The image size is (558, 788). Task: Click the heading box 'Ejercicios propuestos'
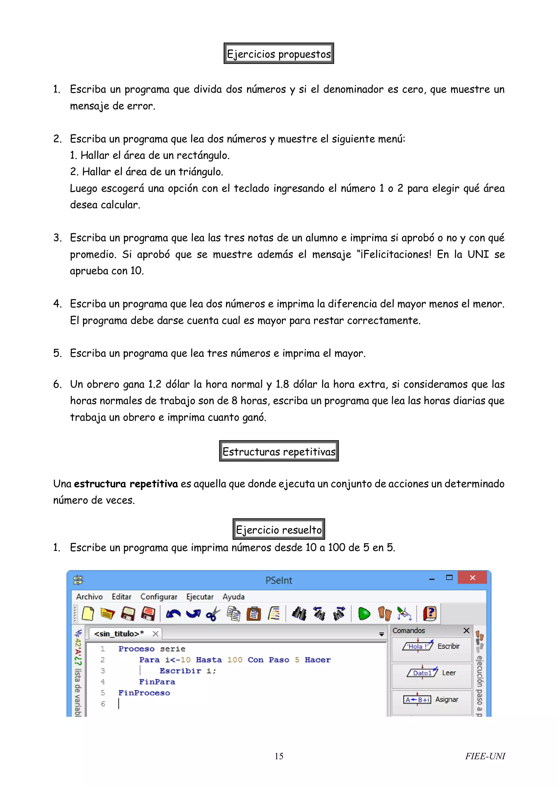pos(279,54)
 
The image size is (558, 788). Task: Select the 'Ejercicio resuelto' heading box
pos(279,529)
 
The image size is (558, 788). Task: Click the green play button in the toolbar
pos(364,614)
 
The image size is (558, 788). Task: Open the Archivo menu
pos(89,596)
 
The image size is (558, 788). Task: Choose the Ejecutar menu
pos(200,596)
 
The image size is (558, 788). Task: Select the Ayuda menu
pos(233,596)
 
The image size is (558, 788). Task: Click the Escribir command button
pos(432,646)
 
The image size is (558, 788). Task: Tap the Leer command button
pos(432,673)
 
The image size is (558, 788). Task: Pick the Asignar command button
pos(432,700)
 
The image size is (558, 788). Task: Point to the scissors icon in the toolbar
pos(213,614)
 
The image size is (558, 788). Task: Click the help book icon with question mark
pos(429,613)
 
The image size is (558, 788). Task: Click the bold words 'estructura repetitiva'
pos(126,484)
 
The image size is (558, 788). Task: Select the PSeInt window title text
pos(279,580)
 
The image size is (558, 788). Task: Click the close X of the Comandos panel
pos(466,630)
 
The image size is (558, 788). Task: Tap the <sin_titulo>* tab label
pos(119,633)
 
